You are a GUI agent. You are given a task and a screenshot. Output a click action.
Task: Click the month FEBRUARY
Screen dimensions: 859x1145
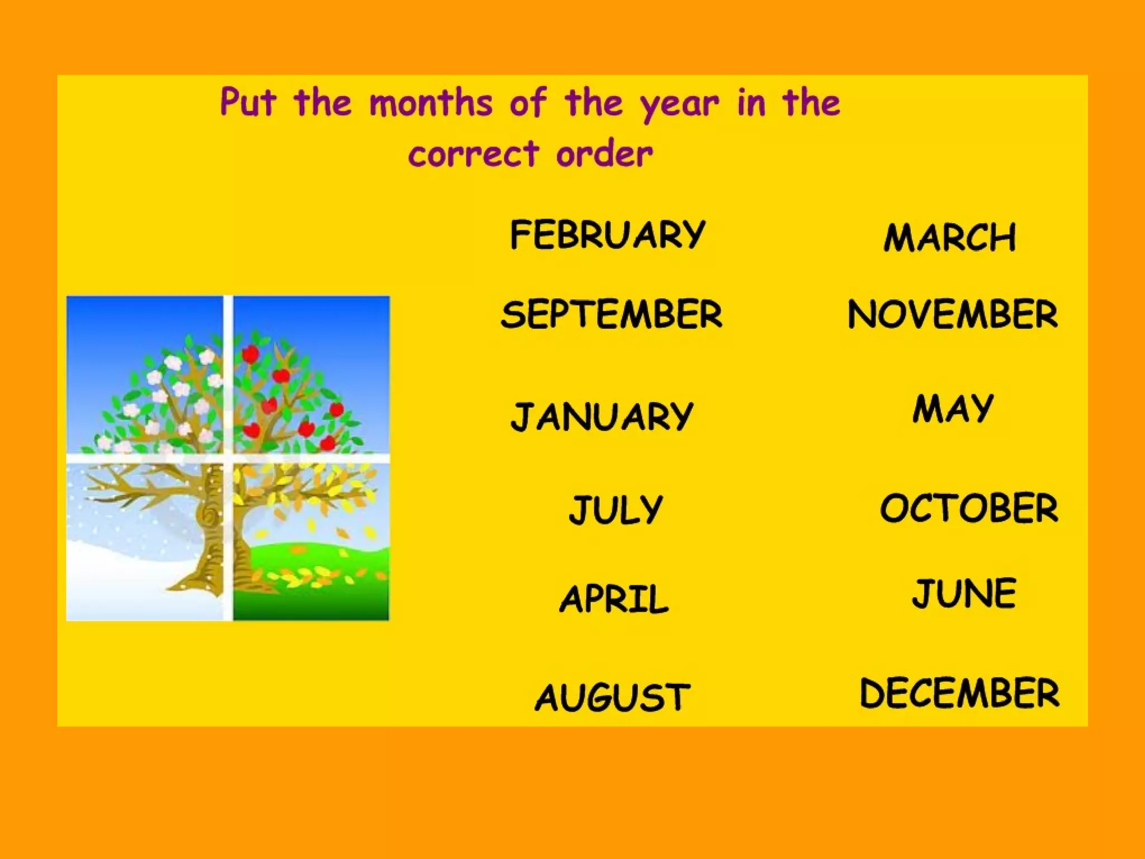[x=608, y=234]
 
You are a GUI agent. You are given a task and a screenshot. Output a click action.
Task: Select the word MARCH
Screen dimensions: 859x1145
[x=949, y=238]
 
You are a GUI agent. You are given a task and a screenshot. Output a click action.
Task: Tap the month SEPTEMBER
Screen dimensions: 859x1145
[x=611, y=314]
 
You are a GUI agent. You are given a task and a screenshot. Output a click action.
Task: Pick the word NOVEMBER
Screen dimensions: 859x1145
[x=952, y=314]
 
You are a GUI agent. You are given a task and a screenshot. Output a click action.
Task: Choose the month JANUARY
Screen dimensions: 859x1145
[x=602, y=417]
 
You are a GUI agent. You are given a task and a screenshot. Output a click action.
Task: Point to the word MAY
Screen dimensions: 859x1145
[x=953, y=408]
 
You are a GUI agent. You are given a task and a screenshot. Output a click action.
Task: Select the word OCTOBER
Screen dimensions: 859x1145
[x=969, y=508]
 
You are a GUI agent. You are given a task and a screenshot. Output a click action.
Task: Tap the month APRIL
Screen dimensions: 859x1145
[x=614, y=598]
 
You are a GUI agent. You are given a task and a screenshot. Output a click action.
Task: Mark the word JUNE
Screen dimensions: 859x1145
[x=964, y=593]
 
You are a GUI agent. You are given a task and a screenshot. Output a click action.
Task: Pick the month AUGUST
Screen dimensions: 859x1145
[x=613, y=697]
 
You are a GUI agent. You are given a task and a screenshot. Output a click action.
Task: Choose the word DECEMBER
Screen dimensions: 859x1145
[x=959, y=693]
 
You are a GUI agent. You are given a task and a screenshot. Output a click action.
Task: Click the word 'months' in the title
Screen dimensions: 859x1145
[x=430, y=103]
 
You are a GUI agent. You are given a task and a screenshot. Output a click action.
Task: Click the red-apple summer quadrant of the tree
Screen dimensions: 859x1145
[x=311, y=375]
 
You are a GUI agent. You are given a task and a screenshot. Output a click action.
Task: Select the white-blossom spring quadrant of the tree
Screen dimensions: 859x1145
[x=145, y=375]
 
